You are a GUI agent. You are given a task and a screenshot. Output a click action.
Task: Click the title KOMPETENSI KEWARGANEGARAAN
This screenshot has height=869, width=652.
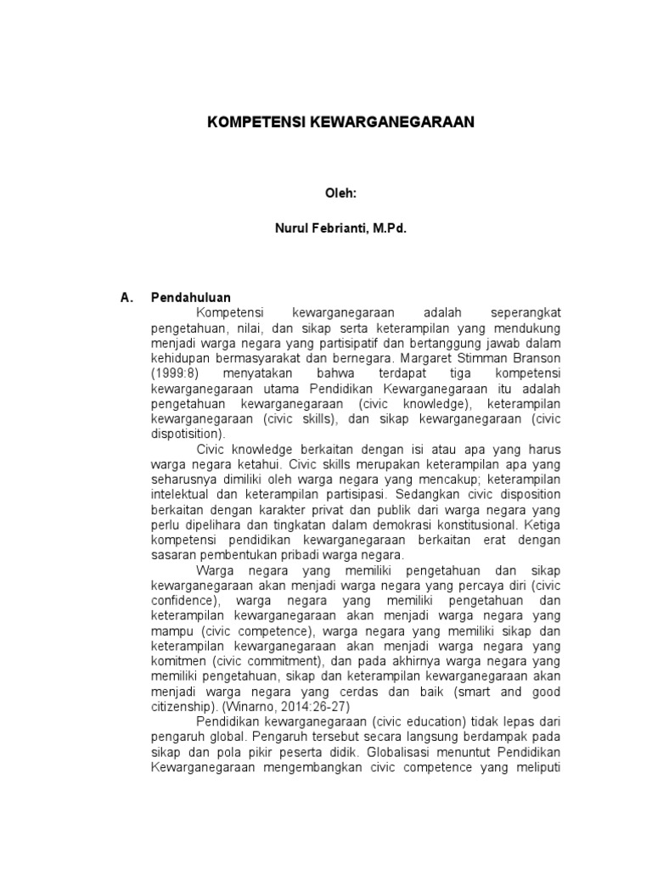point(341,122)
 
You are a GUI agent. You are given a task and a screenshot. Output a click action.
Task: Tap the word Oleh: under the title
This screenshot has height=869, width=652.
point(341,193)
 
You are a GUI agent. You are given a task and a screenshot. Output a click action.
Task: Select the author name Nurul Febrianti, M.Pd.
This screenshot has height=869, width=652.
point(341,228)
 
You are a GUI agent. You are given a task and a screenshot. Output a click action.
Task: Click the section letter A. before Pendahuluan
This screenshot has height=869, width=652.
point(127,298)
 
